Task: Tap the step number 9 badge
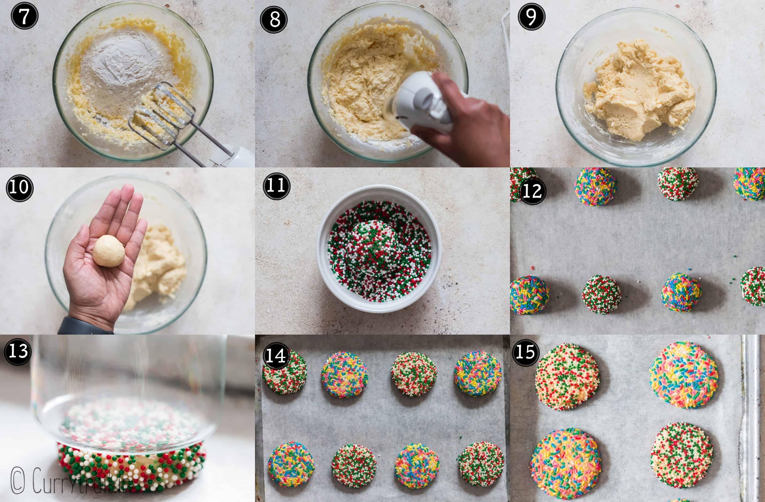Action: tap(531, 17)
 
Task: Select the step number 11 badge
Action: tap(276, 186)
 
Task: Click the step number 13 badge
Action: tap(18, 351)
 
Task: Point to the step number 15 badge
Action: tap(525, 352)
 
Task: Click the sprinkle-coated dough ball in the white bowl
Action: tap(375, 248)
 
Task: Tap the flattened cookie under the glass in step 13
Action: tap(132, 466)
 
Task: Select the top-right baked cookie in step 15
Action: tap(684, 376)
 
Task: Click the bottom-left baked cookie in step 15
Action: tap(566, 463)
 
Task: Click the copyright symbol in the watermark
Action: tap(18, 481)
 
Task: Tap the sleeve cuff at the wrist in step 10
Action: tap(84, 326)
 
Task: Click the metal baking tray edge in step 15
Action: tap(754, 418)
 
